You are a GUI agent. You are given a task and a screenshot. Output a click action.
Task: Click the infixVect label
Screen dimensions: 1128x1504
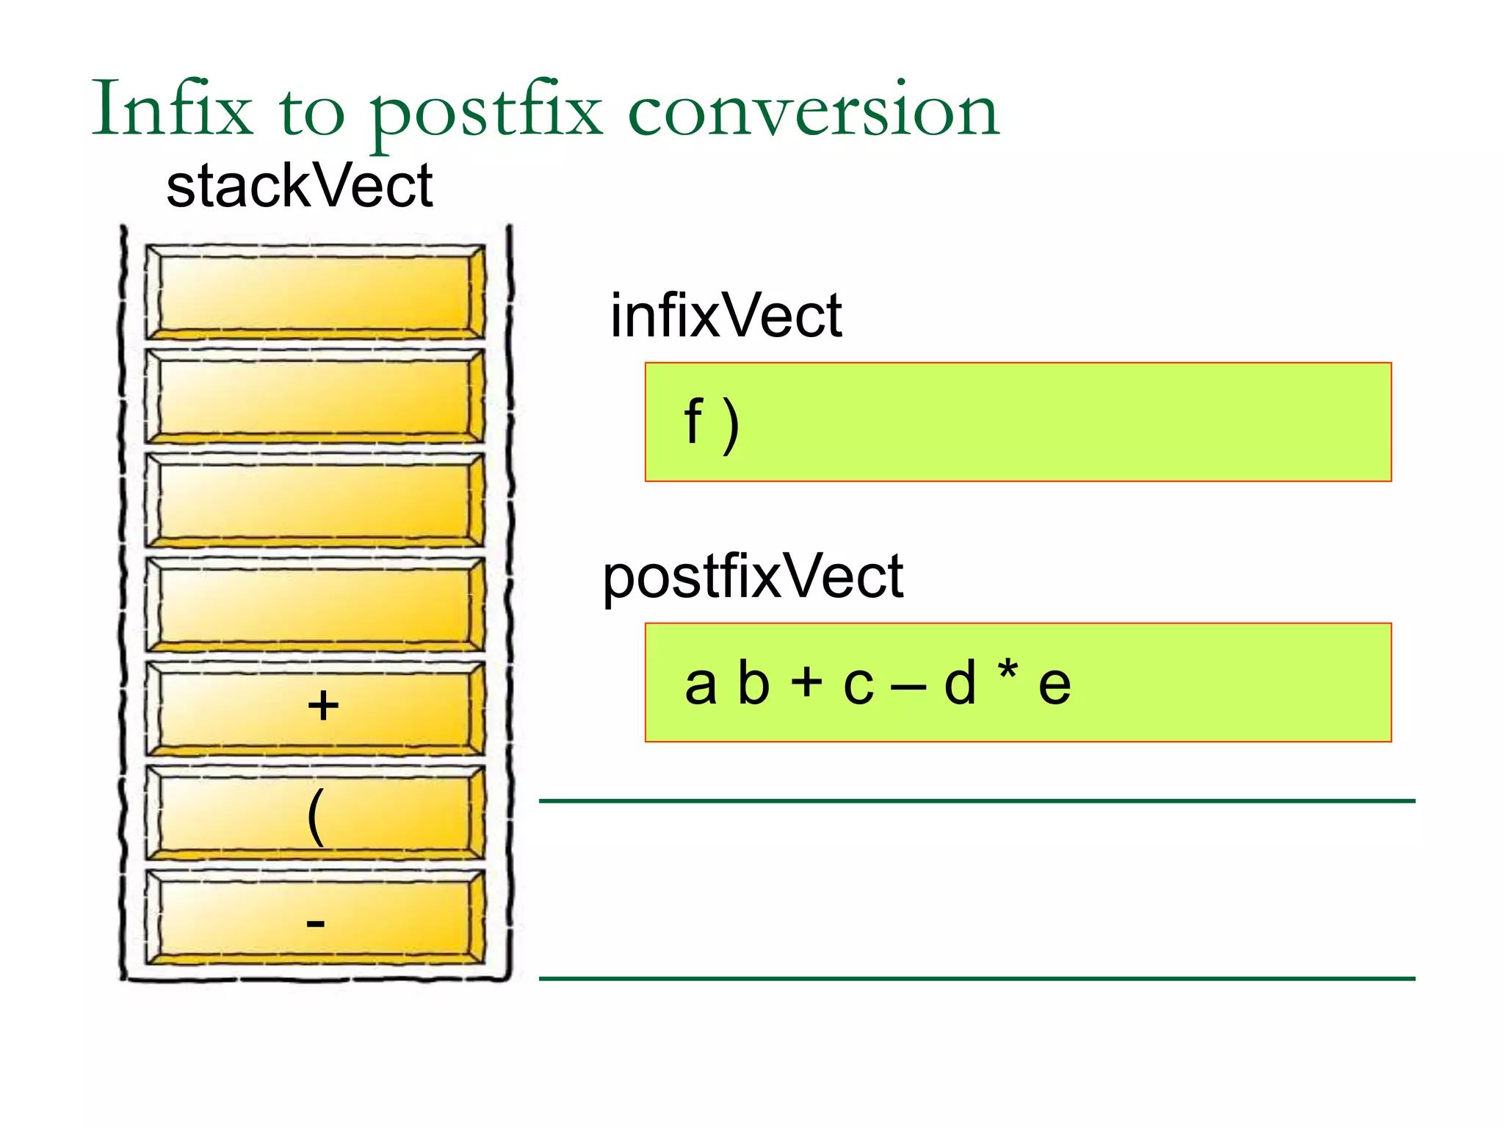(726, 316)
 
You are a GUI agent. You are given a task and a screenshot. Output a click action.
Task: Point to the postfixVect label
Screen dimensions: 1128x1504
(753, 577)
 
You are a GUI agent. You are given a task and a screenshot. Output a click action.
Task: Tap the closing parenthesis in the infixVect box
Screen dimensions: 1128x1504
(730, 425)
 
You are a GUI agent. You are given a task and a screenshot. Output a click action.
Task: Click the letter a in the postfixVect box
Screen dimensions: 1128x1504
(700, 684)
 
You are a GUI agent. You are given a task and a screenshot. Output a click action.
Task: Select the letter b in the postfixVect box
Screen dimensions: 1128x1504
(753, 682)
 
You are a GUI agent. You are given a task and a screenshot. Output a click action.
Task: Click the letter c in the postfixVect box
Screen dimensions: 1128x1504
(858, 685)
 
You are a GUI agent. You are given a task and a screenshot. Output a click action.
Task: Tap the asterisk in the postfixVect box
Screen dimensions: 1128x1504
(1008, 670)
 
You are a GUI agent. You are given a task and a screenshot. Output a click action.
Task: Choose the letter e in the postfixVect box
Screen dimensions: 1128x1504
(1055, 685)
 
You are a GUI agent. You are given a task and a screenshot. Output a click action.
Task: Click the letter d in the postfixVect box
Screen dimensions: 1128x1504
(960, 682)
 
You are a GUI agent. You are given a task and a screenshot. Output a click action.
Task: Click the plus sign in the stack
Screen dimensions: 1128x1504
(322, 706)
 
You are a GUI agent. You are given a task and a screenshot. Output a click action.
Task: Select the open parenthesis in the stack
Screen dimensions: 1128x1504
(315, 817)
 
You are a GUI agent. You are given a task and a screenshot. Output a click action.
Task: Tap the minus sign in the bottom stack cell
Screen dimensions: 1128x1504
(315, 922)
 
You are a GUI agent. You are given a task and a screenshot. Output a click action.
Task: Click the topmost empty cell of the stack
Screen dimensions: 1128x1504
(314, 292)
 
